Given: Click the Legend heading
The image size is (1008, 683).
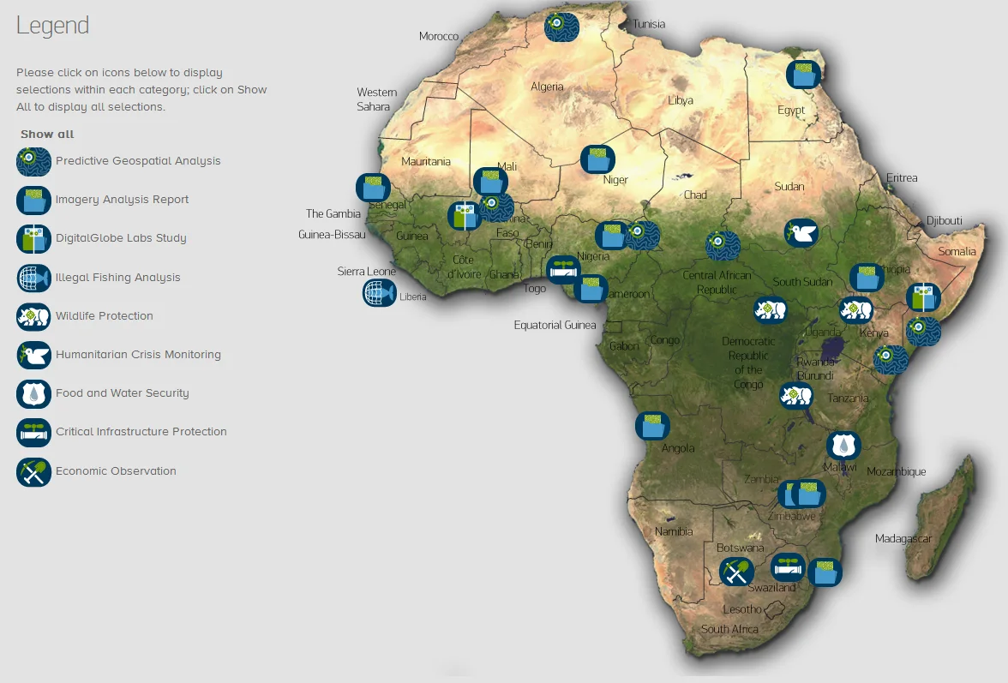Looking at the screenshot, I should pos(52,26).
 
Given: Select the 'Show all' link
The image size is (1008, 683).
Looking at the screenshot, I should pos(47,135).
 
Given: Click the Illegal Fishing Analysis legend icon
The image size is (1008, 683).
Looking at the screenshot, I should pos(33,278).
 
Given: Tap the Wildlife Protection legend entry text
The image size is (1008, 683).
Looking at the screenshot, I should pos(105,316).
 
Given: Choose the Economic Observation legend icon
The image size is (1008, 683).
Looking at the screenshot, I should pos(33,471).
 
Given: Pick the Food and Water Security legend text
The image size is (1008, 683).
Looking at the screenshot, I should pos(123,393).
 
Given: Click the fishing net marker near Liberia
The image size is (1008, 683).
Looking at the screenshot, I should pos(379,293).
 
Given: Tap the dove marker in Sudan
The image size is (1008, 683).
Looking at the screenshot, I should pos(801,232).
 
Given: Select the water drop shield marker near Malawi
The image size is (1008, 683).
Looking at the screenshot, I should pos(843,445).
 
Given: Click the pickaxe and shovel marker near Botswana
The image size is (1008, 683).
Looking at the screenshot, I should pos(735,571).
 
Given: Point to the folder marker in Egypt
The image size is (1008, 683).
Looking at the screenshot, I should pos(803,75).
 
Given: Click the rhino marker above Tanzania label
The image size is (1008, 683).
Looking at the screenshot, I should pos(795,395).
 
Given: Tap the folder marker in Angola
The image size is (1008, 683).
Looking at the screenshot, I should pos(652,426).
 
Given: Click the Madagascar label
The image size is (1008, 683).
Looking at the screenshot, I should pos(903,539).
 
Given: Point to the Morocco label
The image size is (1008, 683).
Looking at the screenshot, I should pos(439,37).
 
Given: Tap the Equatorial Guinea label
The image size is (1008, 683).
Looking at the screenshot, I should pos(555,326).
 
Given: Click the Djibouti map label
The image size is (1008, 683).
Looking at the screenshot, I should pos(944,221).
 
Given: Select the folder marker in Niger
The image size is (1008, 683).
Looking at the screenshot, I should pos(597,159).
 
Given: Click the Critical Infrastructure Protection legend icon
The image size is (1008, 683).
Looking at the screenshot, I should pos(33,433).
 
